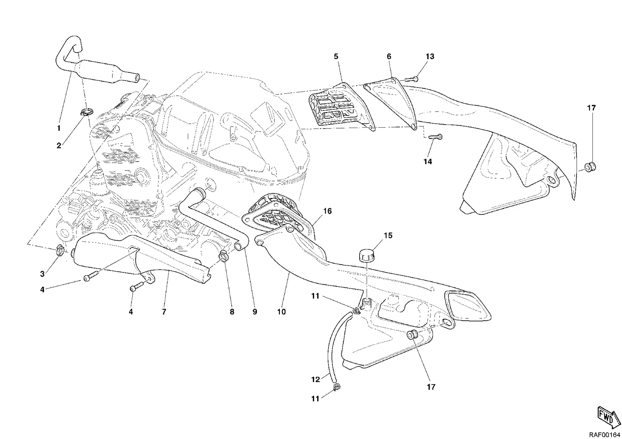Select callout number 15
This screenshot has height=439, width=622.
click(x=388, y=235)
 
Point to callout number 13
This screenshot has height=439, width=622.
click(x=430, y=56)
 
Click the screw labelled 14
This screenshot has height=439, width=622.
click(x=435, y=137)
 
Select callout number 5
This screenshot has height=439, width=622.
click(x=336, y=56)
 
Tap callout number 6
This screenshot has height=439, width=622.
click(x=389, y=56)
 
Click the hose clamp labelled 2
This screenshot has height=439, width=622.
click(x=86, y=112)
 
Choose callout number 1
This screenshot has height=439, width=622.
click(x=59, y=128)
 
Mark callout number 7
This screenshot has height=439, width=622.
click(x=164, y=312)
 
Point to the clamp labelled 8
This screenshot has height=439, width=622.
click(x=224, y=256)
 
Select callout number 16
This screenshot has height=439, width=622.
click(x=327, y=211)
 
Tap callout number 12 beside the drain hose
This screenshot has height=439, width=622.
click(x=315, y=379)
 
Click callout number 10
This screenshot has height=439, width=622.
click(x=281, y=312)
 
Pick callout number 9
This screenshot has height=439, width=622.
click(x=255, y=312)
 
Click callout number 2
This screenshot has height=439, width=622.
click(x=59, y=146)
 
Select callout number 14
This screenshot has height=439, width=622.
click(x=428, y=161)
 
